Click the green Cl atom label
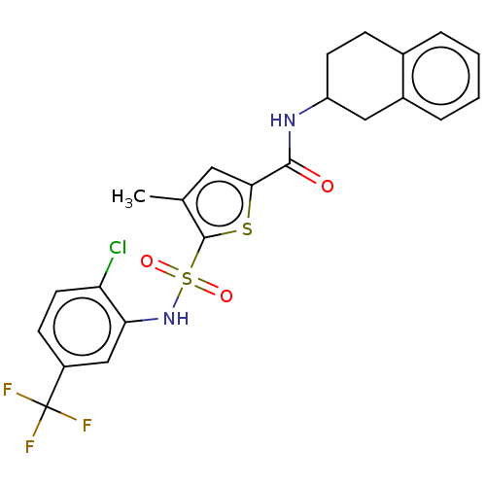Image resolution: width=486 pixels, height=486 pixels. click(x=118, y=248)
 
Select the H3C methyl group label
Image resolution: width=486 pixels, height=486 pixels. click(x=128, y=197)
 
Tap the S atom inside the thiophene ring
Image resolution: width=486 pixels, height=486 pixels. click(x=247, y=229)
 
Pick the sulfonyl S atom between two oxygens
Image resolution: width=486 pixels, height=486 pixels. click(x=188, y=279)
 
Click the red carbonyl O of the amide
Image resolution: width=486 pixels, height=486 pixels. click(x=328, y=186)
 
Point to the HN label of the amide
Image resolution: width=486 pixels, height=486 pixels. click(x=283, y=121)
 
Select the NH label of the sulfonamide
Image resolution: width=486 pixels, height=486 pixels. click(x=176, y=318)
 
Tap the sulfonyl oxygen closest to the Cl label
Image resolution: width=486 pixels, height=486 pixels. click(x=147, y=261)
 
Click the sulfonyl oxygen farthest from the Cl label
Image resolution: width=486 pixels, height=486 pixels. click(x=226, y=295)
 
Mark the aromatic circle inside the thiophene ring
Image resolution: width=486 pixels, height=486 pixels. click(x=220, y=204)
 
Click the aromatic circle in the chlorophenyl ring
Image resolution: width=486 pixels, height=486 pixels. click(x=83, y=327)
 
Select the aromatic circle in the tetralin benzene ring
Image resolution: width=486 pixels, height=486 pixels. click(x=440, y=76)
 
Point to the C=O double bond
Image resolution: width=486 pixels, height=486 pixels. click(x=304, y=172)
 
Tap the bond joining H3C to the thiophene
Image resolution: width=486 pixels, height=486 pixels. click(x=166, y=198)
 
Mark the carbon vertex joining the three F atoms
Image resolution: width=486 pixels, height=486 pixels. click(x=47, y=406)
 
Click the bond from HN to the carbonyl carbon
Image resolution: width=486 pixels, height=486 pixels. click(x=290, y=147)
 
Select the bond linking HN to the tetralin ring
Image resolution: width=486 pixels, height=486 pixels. click(x=313, y=106)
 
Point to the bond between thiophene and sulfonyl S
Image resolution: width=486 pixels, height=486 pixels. click(x=197, y=253)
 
